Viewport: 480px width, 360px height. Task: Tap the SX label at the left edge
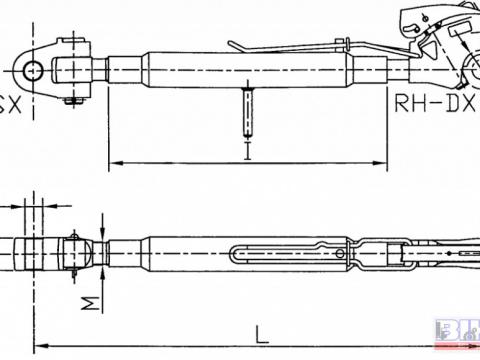click(8, 103)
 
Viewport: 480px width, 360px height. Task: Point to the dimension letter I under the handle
click(246, 151)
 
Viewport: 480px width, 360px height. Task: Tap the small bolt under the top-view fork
click(69, 98)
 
